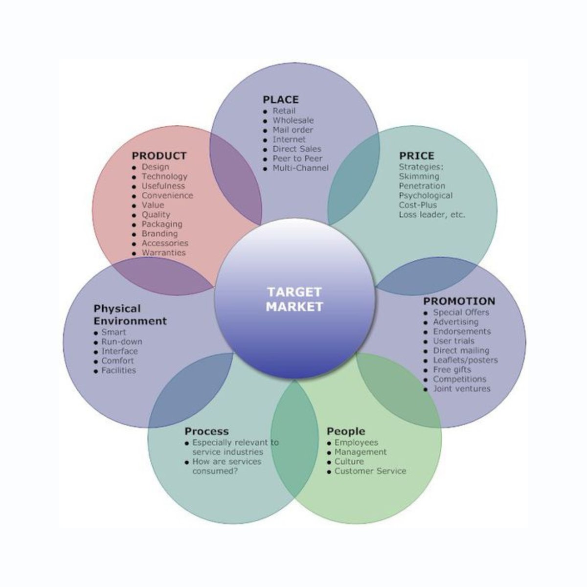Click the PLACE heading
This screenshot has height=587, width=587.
[x=280, y=100]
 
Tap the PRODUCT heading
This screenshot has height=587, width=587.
[x=159, y=156]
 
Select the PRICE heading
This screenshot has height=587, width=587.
[x=416, y=156]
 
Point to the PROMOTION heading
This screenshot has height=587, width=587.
[x=459, y=301]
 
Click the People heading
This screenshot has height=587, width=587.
[x=345, y=431]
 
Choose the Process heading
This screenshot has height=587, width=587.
[x=206, y=431]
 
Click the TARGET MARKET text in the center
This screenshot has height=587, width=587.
[x=294, y=299]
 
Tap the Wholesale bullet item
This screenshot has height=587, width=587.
[x=293, y=120]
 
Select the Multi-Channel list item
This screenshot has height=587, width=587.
[x=300, y=168]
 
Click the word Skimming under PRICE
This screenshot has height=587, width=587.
[x=419, y=176]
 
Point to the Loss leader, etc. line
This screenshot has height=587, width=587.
[x=432, y=214]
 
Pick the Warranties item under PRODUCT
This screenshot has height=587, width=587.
[x=164, y=253]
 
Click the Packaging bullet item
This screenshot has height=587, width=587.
[x=162, y=224]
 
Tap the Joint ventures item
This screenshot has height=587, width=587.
[x=461, y=389]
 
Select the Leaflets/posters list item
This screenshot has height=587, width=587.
[x=465, y=360]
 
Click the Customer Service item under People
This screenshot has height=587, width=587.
[x=370, y=471]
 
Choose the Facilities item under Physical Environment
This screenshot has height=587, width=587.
[x=119, y=370]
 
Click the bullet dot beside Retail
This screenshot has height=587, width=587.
[x=265, y=112]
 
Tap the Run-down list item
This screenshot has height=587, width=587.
[x=122, y=341]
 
